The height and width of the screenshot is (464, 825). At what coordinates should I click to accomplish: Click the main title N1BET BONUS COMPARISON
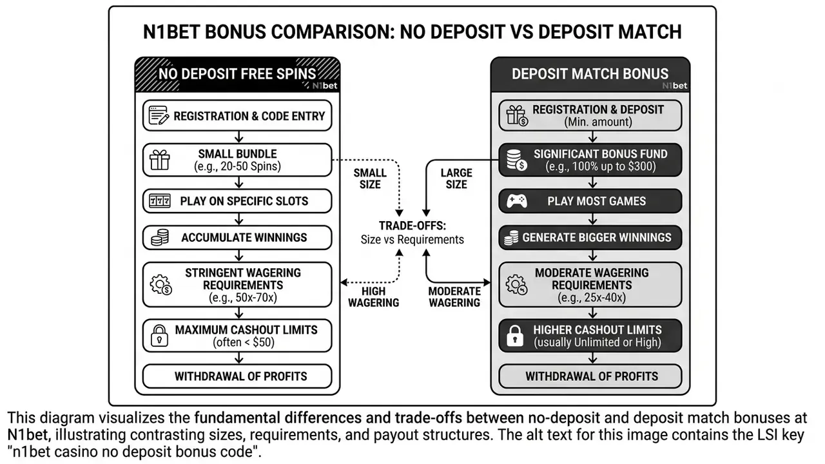tap(412, 32)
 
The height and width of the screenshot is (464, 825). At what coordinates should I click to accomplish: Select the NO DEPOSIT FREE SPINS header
tap(237, 74)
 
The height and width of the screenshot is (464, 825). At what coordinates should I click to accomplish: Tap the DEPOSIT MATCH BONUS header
tap(590, 74)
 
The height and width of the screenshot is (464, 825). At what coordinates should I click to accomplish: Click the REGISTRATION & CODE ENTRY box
tap(237, 115)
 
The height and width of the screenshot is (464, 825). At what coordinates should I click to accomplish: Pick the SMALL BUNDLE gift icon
tap(160, 160)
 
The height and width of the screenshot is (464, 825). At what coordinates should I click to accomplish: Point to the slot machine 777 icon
tap(159, 201)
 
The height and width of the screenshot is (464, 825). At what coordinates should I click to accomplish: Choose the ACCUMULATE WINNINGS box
tap(237, 238)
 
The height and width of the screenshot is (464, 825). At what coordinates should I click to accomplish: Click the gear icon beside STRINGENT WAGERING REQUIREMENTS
tap(161, 285)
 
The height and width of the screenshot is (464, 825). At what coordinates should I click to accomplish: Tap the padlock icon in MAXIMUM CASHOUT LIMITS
tap(159, 336)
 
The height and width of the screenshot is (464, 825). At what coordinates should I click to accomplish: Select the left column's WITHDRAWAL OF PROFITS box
tap(237, 376)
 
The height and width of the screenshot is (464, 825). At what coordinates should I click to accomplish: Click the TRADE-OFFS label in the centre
tap(412, 226)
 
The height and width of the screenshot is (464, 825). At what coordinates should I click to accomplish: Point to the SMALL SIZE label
tap(370, 179)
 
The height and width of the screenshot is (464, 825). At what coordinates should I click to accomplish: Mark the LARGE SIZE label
tap(456, 179)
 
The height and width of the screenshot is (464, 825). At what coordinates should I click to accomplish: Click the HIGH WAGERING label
tap(373, 297)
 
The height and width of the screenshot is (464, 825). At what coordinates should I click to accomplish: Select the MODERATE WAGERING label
tap(454, 297)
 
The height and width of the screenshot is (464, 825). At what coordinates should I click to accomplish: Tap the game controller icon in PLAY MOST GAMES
tap(517, 201)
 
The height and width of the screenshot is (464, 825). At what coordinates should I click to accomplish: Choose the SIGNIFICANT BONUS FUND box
tap(590, 160)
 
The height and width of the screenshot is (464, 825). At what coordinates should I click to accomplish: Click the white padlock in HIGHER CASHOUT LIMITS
tap(515, 336)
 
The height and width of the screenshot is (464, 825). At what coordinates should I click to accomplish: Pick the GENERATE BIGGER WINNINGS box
tap(590, 238)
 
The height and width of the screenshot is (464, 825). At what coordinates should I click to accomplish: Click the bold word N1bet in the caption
tap(28, 435)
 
